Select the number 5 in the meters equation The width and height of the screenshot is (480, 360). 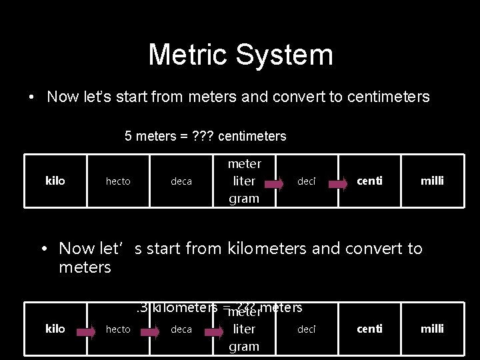(x=128, y=137)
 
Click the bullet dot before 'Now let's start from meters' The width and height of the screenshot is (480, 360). (x=31, y=97)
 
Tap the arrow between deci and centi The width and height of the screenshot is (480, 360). (x=340, y=181)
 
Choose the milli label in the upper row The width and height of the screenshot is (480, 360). (x=431, y=181)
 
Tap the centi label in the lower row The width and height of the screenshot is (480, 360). (x=369, y=329)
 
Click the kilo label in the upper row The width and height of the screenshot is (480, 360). (x=55, y=181)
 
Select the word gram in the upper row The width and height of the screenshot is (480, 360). (x=244, y=199)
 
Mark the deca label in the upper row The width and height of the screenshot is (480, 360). (x=181, y=181)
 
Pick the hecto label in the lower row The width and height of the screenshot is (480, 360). (x=118, y=329)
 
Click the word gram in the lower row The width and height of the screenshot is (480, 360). (x=244, y=346)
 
